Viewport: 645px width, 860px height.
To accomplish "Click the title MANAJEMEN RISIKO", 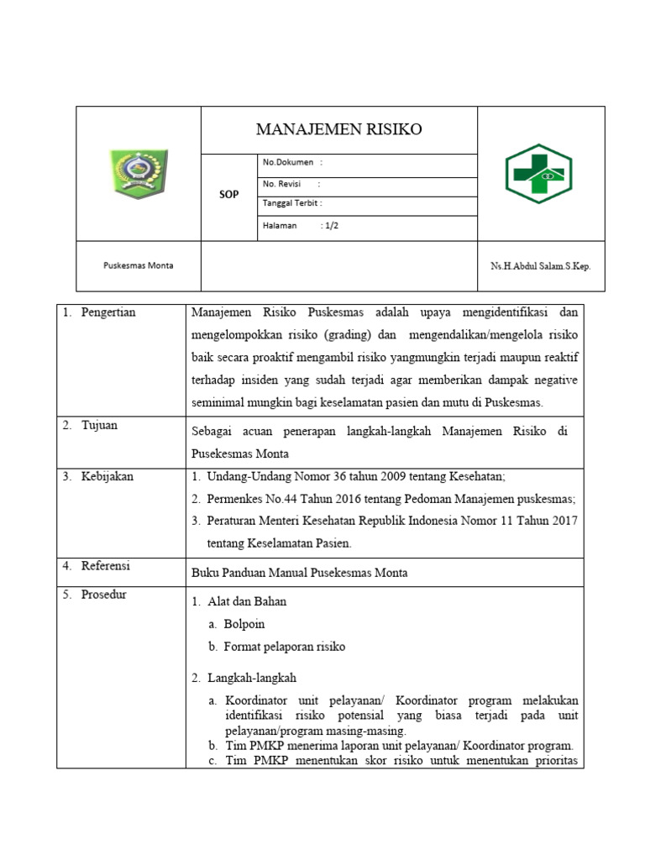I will pyautogui.click(x=338, y=129).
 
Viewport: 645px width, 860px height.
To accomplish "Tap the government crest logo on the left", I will pyautogui.click(x=139, y=174).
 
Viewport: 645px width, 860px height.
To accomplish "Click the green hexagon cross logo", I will pyautogui.click(x=537, y=174).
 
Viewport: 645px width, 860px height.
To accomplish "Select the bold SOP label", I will pyautogui.click(x=228, y=194).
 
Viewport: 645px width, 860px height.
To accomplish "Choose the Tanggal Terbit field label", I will pyautogui.click(x=291, y=203).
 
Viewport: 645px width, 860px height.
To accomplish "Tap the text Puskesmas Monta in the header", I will pyautogui.click(x=139, y=265).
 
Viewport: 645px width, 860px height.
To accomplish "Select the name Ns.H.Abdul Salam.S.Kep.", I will pyautogui.click(x=541, y=266).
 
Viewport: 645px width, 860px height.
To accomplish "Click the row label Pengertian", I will pyautogui.click(x=108, y=312).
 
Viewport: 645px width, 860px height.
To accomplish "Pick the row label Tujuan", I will pyautogui.click(x=99, y=425).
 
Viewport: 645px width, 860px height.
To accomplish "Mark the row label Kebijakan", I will pyautogui.click(x=107, y=476).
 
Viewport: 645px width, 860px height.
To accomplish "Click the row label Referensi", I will pyautogui.click(x=106, y=566).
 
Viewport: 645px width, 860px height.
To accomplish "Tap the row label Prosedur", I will pyautogui.click(x=104, y=595).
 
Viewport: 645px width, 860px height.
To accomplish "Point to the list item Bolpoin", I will pyautogui.click(x=244, y=624).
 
